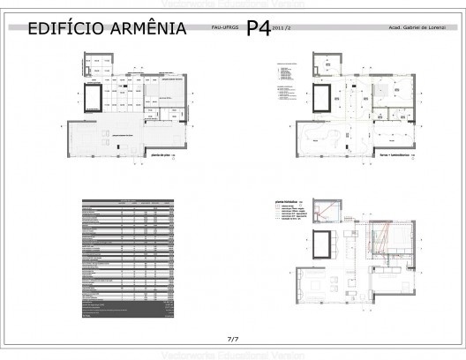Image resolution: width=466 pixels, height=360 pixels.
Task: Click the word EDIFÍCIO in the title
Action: pos(64,30)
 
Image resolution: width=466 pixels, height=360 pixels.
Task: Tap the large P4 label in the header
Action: pos(258,28)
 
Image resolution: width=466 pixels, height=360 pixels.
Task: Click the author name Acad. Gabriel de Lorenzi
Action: pos(422,29)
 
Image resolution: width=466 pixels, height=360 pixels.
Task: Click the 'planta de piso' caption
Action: pos(159,155)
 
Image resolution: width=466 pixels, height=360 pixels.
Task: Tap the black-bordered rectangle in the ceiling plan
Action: pos(321,95)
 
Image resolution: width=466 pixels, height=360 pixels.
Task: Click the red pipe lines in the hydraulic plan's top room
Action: pos(328,211)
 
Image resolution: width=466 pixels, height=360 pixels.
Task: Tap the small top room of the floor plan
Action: pos(94,64)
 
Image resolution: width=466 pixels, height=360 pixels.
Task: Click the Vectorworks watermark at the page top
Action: pos(233,5)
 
